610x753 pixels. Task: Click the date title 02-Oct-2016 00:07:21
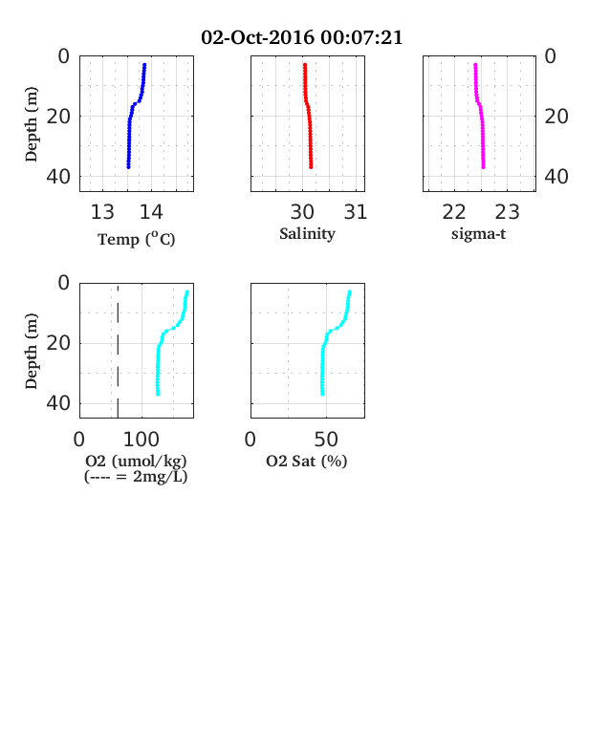tap(301, 37)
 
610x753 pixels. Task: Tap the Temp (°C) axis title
tap(137, 239)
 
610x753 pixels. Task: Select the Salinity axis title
tap(308, 234)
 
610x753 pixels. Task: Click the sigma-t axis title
tap(478, 234)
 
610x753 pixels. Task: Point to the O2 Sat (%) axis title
tap(307, 461)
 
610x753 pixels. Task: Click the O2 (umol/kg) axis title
tap(136, 461)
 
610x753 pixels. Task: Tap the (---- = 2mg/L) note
tap(136, 477)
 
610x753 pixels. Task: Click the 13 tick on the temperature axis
tap(102, 212)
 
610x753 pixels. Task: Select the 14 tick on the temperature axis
tap(151, 212)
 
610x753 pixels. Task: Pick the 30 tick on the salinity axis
tap(302, 212)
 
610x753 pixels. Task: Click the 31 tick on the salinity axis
tap(356, 212)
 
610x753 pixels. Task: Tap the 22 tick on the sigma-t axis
tap(454, 212)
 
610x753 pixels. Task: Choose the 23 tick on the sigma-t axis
tap(507, 212)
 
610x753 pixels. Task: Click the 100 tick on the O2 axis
tap(142, 440)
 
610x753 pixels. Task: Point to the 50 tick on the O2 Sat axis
tap(326, 440)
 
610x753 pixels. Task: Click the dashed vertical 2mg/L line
tap(118, 351)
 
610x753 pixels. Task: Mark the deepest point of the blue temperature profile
tap(128, 166)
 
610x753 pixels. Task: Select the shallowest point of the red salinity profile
tap(304, 65)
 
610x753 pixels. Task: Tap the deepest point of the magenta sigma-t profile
tap(483, 166)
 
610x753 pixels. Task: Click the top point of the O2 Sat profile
tap(350, 292)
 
